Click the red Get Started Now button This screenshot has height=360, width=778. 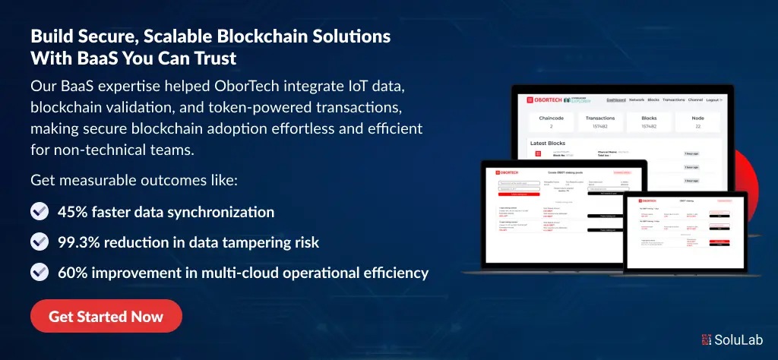(106, 316)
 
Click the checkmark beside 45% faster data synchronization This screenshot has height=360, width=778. (40, 211)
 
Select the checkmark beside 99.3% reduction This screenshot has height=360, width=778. (40, 242)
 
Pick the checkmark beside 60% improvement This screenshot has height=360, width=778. (40, 272)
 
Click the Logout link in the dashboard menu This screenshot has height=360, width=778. (714, 99)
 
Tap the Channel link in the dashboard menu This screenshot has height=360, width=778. (694, 99)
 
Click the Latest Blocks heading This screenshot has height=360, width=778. (548, 143)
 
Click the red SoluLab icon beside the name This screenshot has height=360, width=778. (707, 341)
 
